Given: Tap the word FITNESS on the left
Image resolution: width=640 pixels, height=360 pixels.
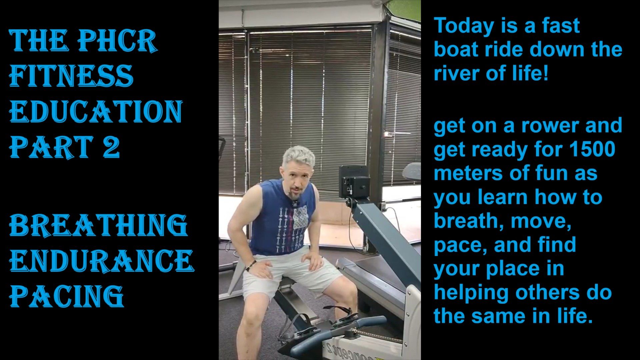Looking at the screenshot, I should coord(71,76).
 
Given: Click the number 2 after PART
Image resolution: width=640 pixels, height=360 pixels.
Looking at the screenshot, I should coord(111,147).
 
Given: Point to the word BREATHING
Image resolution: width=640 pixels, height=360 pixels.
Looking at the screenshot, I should coord(98,225).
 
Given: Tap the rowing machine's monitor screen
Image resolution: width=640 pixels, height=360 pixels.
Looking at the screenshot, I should coord(354,183).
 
